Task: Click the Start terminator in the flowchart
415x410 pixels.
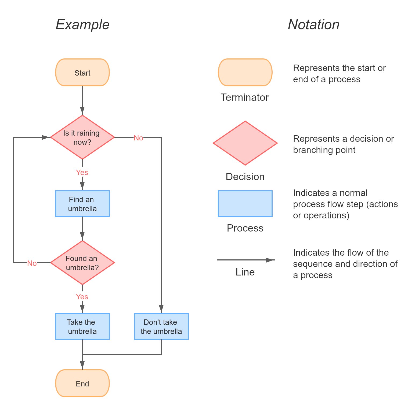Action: point(82,73)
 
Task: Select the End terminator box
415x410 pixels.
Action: point(82,383)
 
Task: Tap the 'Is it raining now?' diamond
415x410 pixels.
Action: point(82,137)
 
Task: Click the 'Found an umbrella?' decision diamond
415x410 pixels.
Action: point(82,263)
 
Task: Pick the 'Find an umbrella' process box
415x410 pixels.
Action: point(82,204)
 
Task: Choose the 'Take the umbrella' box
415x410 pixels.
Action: point(82,326)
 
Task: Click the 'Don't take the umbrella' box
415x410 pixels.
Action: point(161,326)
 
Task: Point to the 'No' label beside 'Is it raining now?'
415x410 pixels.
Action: point(138,138)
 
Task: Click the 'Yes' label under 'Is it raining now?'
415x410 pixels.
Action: point(82,172)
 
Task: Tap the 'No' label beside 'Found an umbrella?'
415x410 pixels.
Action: point(32,263)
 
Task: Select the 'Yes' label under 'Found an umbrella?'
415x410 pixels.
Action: point(82,297)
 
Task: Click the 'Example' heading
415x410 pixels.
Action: point(82,25)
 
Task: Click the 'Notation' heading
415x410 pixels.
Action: point(313,25)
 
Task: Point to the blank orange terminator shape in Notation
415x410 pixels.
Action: point(245,72)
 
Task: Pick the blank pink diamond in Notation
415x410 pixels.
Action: point(245,143)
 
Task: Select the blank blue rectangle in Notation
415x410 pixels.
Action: point(245,204)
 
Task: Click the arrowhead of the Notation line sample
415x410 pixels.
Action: point(270,260)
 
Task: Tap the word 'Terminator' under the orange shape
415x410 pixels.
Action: point(244,97)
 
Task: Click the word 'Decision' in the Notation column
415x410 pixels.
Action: point(245,177)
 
